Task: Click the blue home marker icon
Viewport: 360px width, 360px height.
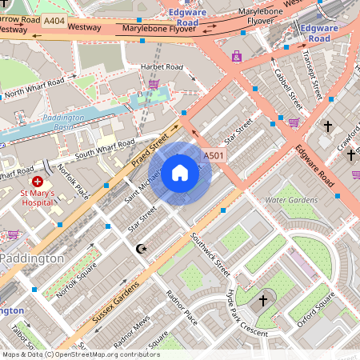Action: click(180, 174)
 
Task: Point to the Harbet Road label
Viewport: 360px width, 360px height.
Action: click(162, 66)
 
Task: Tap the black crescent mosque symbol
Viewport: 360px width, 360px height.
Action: click(142, 250)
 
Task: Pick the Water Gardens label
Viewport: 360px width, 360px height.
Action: click(286, 200)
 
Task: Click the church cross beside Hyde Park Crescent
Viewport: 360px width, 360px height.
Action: click(263, 301)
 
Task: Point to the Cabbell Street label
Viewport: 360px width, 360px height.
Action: click(286, 89)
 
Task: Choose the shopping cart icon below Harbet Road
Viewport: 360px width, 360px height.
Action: click(154, 83)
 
